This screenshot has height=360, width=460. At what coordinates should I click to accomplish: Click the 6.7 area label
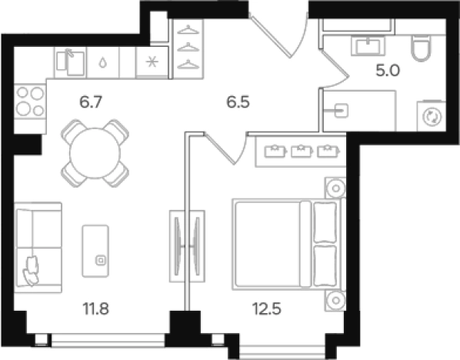(x=91, y=102)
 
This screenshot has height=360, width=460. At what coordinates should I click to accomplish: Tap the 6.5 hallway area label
(x=238, y=102)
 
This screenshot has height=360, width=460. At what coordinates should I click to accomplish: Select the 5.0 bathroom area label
(x=388, y=71)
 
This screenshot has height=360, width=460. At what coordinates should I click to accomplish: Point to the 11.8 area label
(x=96, y=308)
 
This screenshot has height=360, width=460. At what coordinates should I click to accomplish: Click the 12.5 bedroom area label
(x=267, y=308)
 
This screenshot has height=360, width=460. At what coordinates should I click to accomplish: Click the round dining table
(x=95, y=153)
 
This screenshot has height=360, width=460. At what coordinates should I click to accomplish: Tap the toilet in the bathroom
(x=422, y=48)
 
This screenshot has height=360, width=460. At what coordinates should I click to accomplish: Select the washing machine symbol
(x=432, y=116)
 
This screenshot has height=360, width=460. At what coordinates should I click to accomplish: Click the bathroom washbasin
(x=368, y=46)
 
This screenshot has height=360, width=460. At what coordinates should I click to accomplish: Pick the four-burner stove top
(x=30, y=102)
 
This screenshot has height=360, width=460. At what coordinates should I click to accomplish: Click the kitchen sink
(x=71, y=62)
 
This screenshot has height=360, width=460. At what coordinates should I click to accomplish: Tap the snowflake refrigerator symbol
(x=152, y=62)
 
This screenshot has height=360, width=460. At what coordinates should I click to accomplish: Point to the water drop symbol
(x=102, y=62)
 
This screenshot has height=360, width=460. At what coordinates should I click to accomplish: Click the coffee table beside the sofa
(x=95, y=251)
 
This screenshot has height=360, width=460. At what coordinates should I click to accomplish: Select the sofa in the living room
(x=38, y=248)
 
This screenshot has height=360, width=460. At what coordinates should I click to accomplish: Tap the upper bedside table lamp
(x=336, y=188)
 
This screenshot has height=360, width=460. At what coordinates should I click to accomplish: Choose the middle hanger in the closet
(x=188, y=47)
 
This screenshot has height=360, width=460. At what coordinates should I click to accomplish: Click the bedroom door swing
(x=226, y=148)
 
